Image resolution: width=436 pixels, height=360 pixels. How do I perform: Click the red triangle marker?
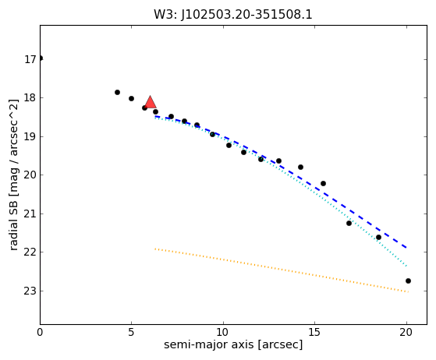pos(151,102)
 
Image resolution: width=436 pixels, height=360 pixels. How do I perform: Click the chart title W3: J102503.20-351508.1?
pos(233,15)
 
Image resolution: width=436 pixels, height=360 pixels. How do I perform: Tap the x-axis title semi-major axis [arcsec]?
pos(233,344)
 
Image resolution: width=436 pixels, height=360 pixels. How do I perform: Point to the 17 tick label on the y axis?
pos(30,59)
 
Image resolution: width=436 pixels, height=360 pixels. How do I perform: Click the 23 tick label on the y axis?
pos(30,291)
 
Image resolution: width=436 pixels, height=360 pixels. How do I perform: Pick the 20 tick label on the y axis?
pos(30,175)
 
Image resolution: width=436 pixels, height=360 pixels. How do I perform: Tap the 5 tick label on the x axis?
pos(131,332)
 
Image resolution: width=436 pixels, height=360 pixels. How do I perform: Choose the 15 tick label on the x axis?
pos(314,332)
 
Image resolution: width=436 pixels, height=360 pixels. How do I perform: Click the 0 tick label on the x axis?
pos(40,332)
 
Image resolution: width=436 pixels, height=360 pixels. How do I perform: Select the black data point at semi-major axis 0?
pos(41,58)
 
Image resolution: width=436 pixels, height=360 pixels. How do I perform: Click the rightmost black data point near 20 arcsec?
pos(408,281)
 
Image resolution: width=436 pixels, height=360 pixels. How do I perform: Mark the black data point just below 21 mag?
pos(349,223)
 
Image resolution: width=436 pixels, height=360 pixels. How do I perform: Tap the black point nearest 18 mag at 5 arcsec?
pos(132,99)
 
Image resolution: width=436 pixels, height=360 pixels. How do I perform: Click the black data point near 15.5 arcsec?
pos(323,183)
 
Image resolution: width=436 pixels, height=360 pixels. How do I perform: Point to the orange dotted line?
pos(282,270)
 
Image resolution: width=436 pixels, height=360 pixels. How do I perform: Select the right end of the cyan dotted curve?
pos(407,266)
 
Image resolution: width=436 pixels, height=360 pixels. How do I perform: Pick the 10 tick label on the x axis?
pos(223,332)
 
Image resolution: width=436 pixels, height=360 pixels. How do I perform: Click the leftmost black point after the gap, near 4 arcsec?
pos(117,92)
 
